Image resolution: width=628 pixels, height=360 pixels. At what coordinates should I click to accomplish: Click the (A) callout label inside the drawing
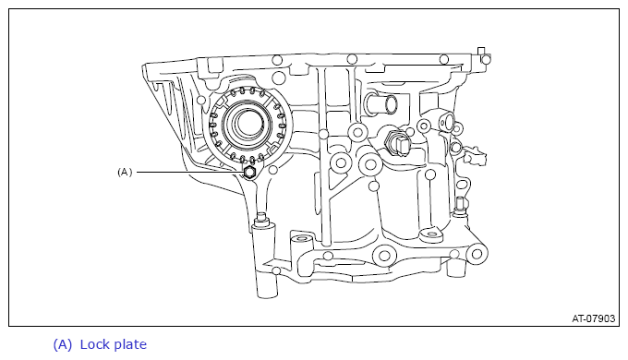tap(125, 173)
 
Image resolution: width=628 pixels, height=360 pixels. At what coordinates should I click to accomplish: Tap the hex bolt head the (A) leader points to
tap(249, 173)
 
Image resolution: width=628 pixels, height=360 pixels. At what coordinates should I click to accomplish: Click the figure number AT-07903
tap(593, 318)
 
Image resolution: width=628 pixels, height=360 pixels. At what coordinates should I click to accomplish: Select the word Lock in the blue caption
tap(93, 344)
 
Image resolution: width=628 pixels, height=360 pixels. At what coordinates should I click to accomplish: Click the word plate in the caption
tap(130, 345)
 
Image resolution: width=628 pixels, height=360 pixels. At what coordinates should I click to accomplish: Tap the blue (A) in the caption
tap(63, 345)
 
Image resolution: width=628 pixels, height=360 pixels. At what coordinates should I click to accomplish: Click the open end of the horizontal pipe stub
tap(392, 104)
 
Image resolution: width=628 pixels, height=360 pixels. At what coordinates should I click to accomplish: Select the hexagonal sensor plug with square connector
tap(395, 143)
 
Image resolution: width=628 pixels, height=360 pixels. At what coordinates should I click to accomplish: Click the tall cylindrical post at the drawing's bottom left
tap(264, 261)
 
